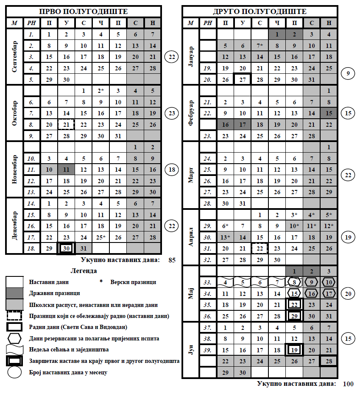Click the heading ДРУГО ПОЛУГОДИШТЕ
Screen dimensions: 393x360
coord(260,11)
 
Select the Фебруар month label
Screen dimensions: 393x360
coord(191,113)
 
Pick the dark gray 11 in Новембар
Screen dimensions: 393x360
coord(66,170)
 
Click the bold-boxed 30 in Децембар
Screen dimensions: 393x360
coord(66,248)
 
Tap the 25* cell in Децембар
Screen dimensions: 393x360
coord(101,237)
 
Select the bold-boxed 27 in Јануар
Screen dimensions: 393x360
coord(243,79)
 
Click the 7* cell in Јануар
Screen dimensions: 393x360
coord(260,45)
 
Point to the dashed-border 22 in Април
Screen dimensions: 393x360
coord(260,248)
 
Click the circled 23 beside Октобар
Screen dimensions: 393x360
coord(172,113)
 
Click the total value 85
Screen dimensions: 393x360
coord(172,260)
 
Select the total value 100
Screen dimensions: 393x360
coord(348,384)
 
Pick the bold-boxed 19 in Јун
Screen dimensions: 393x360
coord(294,350)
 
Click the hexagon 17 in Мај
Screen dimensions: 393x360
coord(329,293)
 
